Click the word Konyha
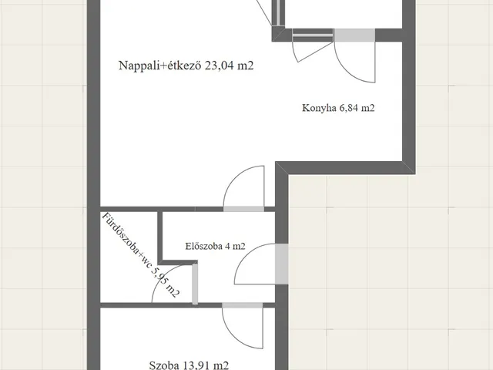317,109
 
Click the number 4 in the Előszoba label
227,247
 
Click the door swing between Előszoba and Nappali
242,189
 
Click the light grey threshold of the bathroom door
195,283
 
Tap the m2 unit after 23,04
245,66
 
